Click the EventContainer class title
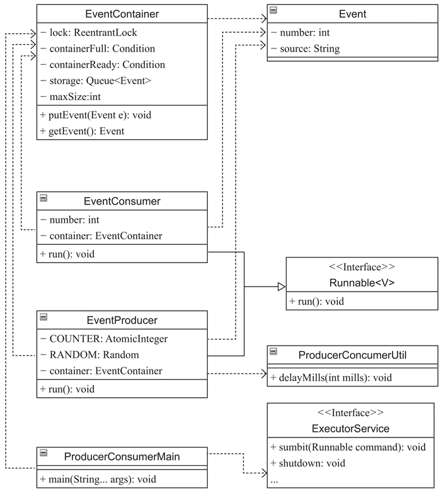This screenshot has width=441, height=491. [x=122, y=14]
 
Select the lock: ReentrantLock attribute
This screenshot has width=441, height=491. [x=89, y=33]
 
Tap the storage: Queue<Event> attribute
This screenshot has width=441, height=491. [x=96, y=81]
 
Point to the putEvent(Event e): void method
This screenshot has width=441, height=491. [x=96, y=115]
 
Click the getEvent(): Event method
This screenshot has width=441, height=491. [x=82, y=131]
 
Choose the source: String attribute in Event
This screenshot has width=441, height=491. [x=306, y=49]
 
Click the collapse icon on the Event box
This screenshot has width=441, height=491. [x=273, y=10]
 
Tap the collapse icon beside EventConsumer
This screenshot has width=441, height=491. [x=43, y=198]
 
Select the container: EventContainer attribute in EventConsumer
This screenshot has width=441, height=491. [x=101, y=236]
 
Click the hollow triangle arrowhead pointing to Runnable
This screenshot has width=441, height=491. [x=282, y=286]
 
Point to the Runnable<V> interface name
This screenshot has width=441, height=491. [x=362, y=283]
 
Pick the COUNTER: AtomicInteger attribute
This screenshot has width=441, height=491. [x=104, y=339]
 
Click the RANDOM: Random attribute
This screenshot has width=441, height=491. [x=89, y=355]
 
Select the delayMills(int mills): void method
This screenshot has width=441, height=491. [x=331, y=378]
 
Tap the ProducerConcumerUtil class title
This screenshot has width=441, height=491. [x=352, y=355]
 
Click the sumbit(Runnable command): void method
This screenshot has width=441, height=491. [x=348, y=447]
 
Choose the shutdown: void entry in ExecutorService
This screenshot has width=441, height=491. [x=307, y=463]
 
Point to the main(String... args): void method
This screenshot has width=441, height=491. [x=98, y=480]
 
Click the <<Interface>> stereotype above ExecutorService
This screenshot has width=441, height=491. [x=350, y=412]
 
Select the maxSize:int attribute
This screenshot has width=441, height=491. [x=71, y=97]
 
